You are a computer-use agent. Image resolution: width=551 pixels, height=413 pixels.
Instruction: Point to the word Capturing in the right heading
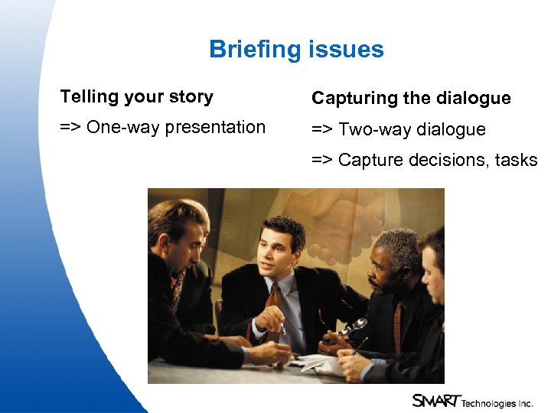click(350, 99)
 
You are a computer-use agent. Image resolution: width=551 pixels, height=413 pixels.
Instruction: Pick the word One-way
click(123, 128)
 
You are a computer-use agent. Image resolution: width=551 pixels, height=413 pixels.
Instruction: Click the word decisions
click(448, 160)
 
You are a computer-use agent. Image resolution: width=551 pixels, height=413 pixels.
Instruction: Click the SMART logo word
click(435, 401)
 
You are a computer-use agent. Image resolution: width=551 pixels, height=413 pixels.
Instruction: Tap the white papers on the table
click(318, 360)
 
